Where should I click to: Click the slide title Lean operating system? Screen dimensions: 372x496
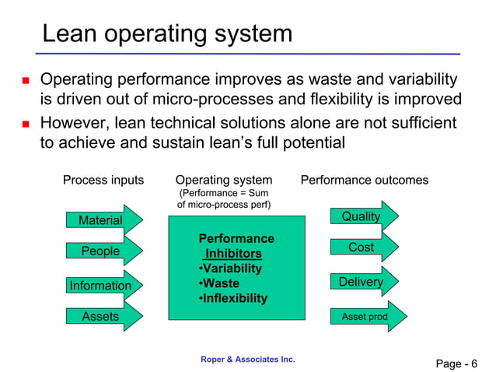click(167, 33)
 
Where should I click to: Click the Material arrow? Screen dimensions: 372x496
click(102, 220)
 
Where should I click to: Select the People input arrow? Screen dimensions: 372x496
click(101, 251)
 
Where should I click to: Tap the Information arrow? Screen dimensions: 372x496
click(102, 286)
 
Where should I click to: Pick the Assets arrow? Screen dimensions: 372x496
click(101, 316)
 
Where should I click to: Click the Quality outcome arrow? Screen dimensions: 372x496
click(362, 216)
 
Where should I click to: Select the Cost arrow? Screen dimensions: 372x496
click(362, 247)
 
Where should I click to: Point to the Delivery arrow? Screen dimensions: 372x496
click(362, 282)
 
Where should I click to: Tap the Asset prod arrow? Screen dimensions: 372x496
click(362, 317)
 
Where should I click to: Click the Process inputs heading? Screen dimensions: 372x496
click(103, 181)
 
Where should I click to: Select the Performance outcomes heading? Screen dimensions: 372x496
click(364, 181)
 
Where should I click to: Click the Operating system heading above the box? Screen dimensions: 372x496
click(224, 181)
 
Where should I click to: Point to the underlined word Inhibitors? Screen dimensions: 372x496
click(232, 254)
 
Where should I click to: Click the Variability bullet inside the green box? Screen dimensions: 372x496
click(230, 268)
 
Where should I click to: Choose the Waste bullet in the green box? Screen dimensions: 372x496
click(219, 283)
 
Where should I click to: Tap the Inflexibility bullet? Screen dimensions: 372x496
click(233, 298)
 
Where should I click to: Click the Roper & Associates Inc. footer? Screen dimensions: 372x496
click(247, 359)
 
